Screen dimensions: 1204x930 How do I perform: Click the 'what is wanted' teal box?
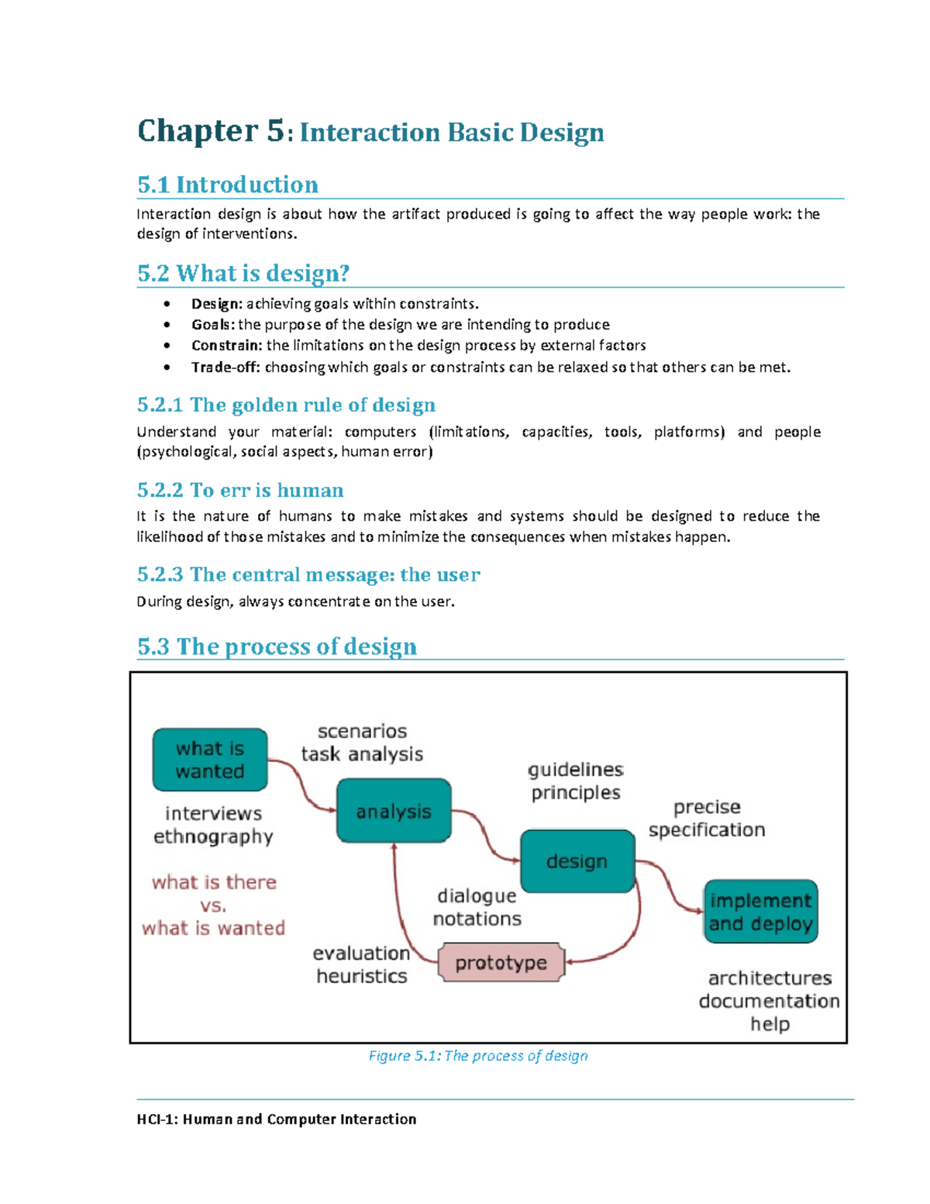210,760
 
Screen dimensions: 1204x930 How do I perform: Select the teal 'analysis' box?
394,811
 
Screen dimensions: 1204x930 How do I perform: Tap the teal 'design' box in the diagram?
577,861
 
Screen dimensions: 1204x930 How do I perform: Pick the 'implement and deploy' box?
761,912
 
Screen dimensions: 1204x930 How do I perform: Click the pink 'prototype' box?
501,963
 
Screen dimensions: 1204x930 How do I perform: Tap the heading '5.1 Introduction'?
228,185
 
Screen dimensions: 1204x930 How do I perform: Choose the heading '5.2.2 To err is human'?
240,490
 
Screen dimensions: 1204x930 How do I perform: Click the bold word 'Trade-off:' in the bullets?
226,367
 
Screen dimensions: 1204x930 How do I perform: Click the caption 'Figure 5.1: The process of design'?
478,1056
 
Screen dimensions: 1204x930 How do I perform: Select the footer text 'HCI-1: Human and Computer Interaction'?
277,1119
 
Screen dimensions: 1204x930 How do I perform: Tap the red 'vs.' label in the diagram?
213,906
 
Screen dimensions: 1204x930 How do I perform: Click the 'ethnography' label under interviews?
213,837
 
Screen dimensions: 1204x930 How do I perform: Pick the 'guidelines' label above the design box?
576,770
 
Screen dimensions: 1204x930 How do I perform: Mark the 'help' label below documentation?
770,1024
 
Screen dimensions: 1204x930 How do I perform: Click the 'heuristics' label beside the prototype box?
362,976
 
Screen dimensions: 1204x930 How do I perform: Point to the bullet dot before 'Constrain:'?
167,346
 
